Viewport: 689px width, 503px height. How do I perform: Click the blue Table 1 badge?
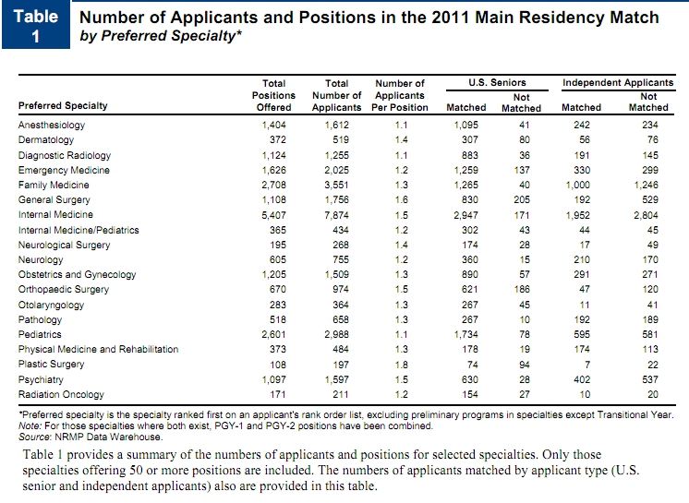[36, 25]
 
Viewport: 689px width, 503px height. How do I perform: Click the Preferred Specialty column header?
[63, 106]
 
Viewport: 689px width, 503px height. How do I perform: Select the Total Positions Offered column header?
[273, 95]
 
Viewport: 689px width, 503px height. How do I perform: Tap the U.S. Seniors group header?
[497, 82]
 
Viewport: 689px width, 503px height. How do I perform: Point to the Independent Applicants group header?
[618, 82]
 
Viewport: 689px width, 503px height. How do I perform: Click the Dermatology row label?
[46, 140]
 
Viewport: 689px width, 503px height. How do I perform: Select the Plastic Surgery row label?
[51, 365]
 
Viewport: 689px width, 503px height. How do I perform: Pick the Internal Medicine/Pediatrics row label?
[79, 230]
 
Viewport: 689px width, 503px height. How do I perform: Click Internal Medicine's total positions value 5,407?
[273, 216]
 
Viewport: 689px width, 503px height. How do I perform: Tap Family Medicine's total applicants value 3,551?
[336, 186]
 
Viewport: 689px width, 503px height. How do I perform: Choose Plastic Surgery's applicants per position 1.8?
[401, 365]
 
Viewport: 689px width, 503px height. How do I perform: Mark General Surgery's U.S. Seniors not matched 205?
[522, 199]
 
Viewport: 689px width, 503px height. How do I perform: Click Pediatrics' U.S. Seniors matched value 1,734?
[465, 334]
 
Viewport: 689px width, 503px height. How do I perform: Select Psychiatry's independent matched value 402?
[582, 379]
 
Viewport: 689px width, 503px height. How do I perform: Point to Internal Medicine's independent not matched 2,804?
[646, 216]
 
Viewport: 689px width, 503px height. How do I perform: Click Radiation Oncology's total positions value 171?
[278, 394]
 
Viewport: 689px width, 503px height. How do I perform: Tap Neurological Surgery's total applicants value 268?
[341, 245]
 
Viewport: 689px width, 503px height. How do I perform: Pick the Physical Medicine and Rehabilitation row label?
[99, 350]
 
